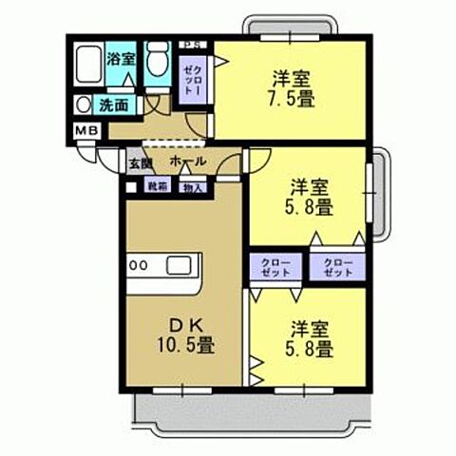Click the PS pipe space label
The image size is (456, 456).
tap(193, 44)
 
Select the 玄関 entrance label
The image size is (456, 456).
tap(141, 162)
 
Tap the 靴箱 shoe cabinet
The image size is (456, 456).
tap(157, 187)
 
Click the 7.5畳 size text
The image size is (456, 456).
tap(293, 96)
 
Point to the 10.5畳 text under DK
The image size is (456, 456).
tap(186, 343)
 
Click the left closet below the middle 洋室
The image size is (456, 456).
tap(273, 267)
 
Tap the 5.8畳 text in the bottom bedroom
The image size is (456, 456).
tap(311, 349)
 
